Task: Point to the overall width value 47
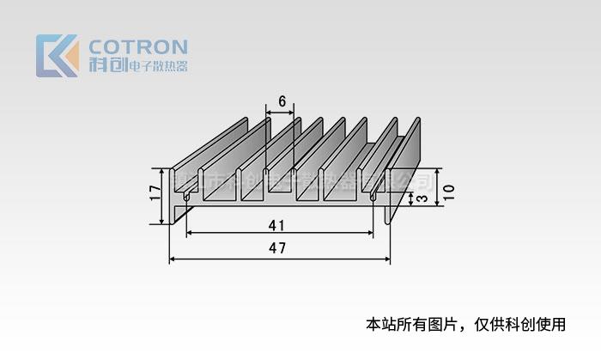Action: click(277, 248)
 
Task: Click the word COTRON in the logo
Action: click(138, 46)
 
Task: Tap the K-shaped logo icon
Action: click(57, 55)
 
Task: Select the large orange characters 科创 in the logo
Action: click(106, 65)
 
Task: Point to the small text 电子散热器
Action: click(156, 66)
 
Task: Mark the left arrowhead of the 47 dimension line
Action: click(172, 259)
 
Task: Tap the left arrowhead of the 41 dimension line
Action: click(190, 234)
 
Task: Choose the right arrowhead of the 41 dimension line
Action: click(372, 234)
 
